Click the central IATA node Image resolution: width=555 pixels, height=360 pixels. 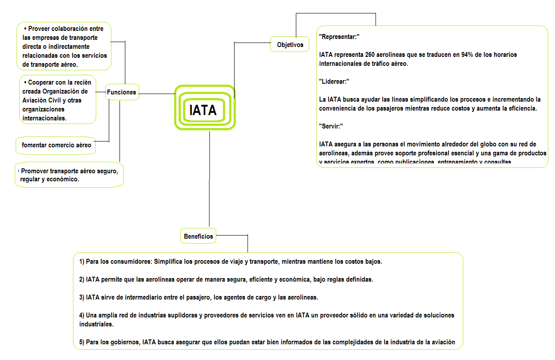pos(203,110)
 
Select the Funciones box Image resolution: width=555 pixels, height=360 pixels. pos(121,92)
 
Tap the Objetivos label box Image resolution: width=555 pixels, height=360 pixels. pos(290,45)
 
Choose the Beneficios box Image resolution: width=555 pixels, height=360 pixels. pos(198,236)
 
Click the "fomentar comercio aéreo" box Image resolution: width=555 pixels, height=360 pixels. pos(56,145)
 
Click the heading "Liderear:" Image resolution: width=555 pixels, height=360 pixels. pos(334,81)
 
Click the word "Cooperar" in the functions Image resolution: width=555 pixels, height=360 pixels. pos(43,82)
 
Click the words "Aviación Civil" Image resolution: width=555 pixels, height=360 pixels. pos(45,100)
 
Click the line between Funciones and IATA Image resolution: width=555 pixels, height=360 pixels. pos(157,94)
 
